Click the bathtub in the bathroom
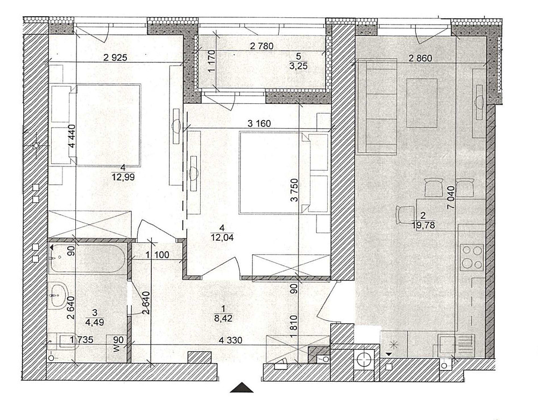tap(88, 259)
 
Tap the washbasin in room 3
tap(58, 295)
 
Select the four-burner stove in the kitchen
tap(472, 257)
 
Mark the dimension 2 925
tap(115, 58)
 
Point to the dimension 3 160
tap(259, 124)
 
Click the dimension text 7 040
tap(451, 198)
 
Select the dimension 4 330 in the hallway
tap(230, 340)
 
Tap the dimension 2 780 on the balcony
tap(262, 46)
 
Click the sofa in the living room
tap(377, 106)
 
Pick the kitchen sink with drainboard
tap(456, 346)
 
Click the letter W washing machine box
tap(117, 348)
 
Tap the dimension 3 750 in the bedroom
tap(295, 190)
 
